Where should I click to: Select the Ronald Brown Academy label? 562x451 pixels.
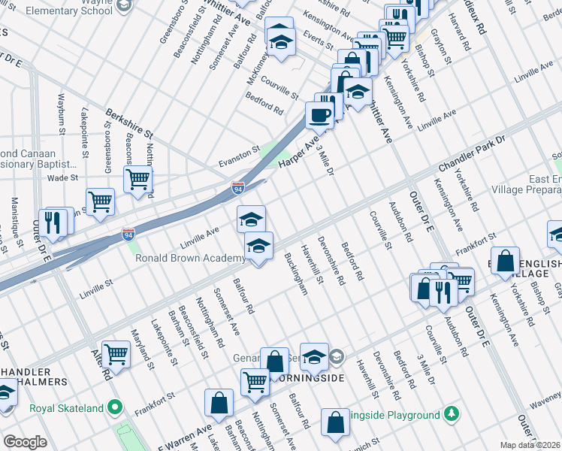pyautogui.click(x=189, y=259)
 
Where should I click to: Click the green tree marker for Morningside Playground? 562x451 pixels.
pyautogui.click(x=452, y=414)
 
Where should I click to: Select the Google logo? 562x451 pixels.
pyautogui.click(x=25, y=442)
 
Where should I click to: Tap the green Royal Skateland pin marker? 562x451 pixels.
pyautogui.click(x=114, y=408)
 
